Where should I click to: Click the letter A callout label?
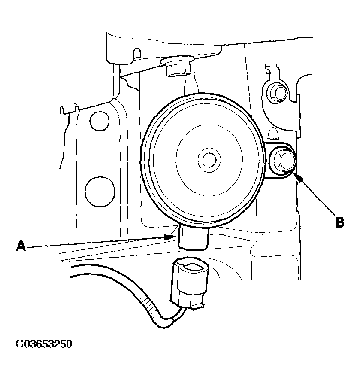coord(21,246)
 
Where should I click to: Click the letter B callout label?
coord(339,222)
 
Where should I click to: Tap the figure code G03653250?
coord(44,344)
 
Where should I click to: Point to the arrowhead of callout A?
coord(169,237)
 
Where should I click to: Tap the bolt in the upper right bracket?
coord(278,93)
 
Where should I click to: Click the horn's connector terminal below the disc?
coord(194,237)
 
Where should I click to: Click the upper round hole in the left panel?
coord(99,121)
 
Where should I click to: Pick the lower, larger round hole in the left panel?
coord(99,191)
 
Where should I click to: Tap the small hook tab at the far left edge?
coord(62,110)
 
